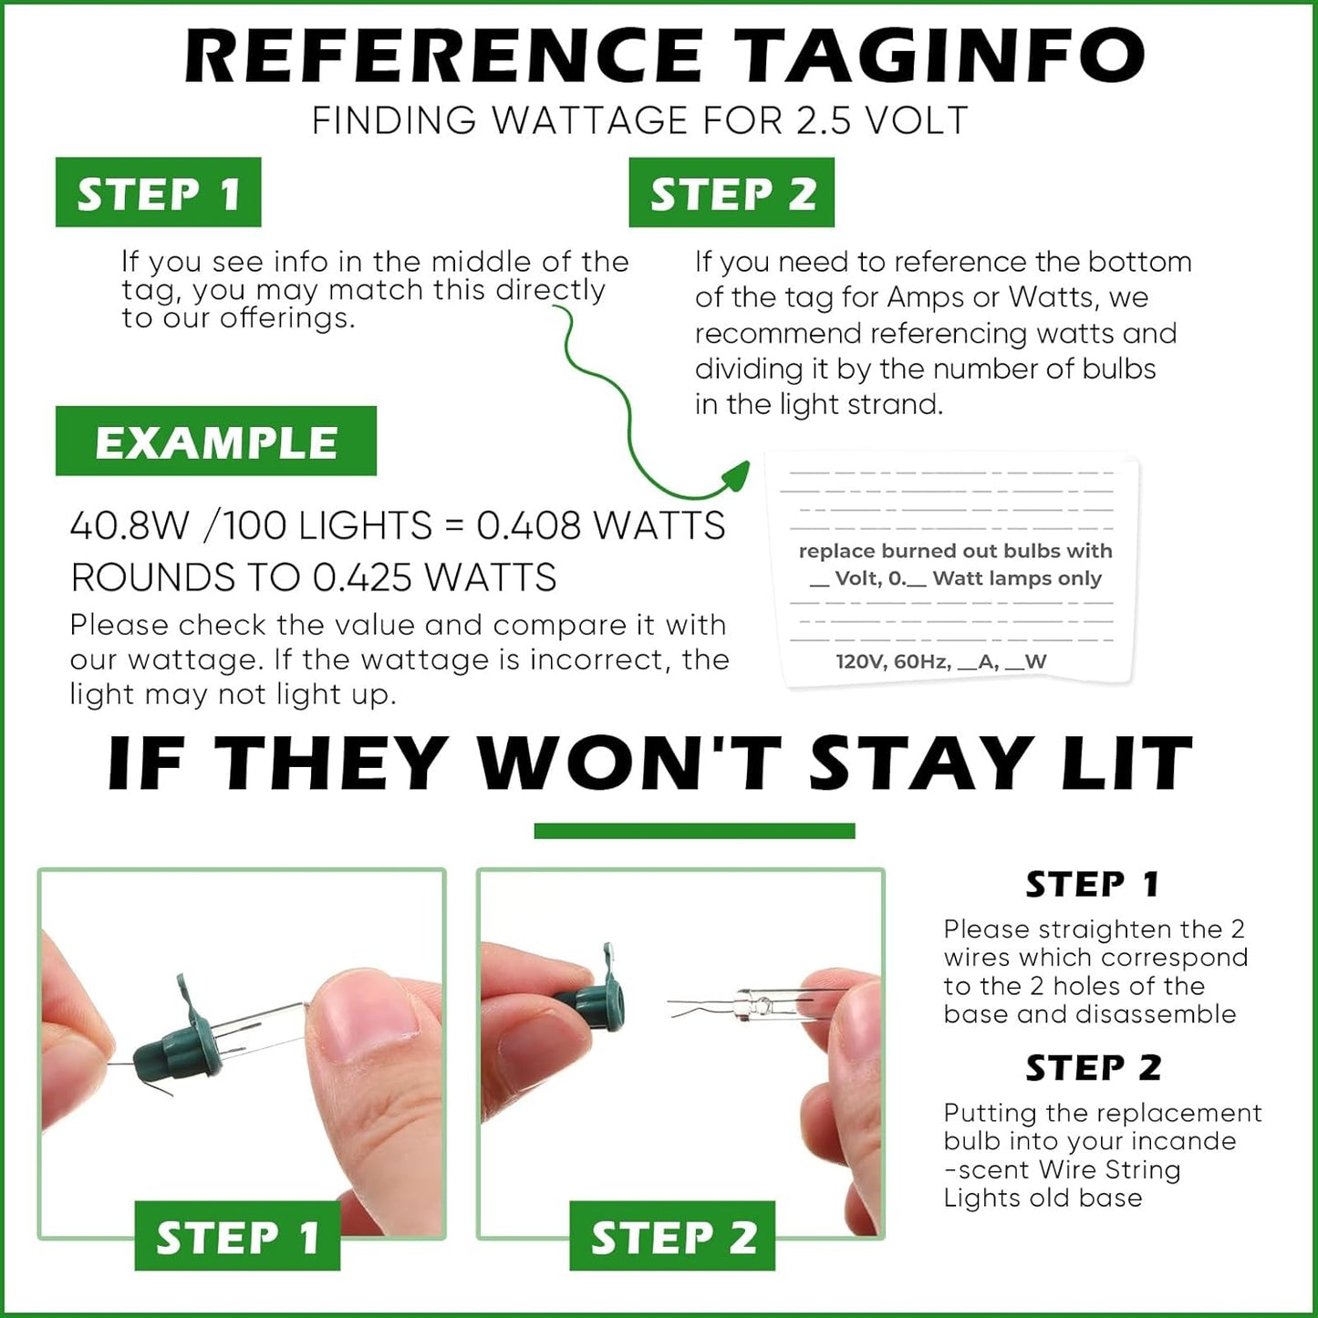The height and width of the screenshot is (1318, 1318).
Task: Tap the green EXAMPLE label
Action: coord(216,441)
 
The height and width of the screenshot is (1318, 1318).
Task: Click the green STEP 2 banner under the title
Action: coord(732,192)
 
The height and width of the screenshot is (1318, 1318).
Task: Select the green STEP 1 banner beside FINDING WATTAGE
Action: coord(159,192)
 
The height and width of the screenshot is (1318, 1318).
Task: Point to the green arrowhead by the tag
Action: coord(734,474)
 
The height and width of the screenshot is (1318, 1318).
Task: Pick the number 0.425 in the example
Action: coord(363,576)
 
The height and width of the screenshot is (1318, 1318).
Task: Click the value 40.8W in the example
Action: coord(130,525)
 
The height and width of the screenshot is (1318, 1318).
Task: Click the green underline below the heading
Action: coord(694,830)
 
